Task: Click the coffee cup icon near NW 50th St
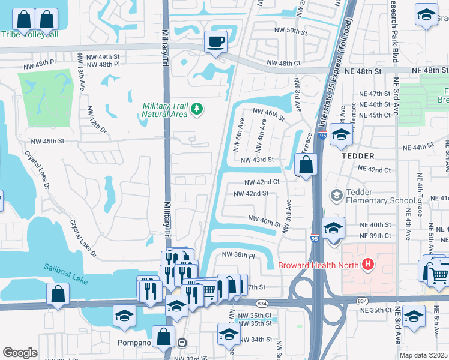215,41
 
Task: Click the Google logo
20,353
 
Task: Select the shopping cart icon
440,274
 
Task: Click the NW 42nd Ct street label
262,182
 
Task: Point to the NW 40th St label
265,221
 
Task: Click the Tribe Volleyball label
29,34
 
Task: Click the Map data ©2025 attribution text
423,355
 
